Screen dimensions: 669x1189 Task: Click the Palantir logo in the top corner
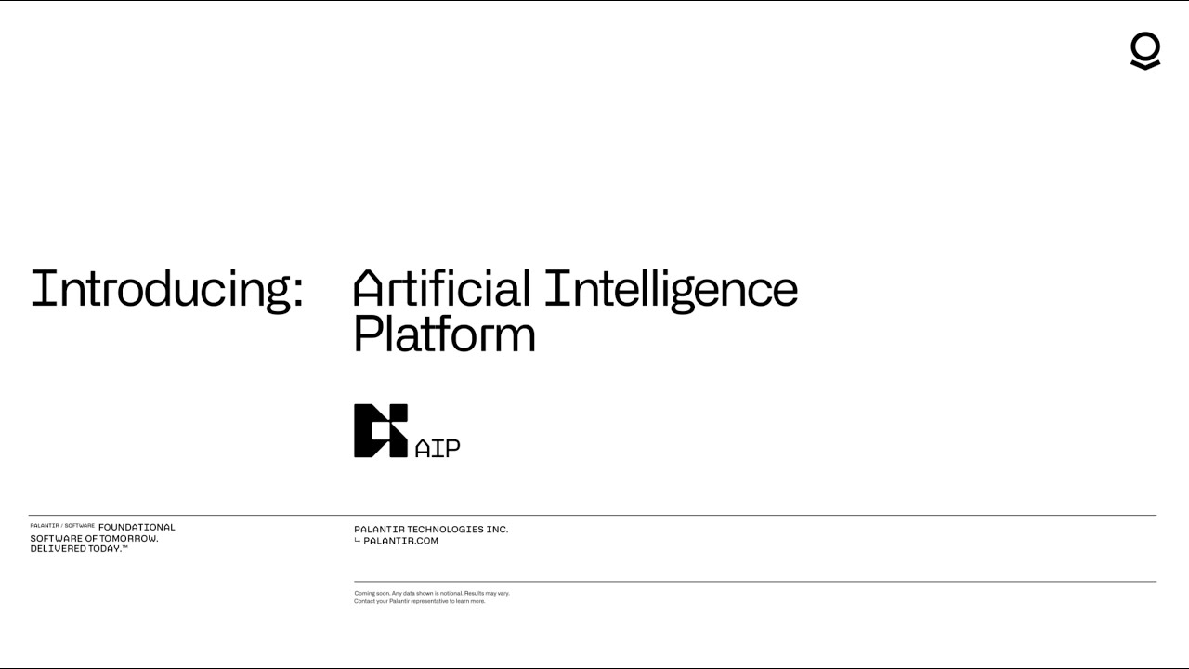1145,50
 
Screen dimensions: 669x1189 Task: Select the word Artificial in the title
441,289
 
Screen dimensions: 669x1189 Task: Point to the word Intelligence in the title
671,289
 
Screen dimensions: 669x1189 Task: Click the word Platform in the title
444,334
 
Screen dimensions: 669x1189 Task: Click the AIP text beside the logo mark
438,448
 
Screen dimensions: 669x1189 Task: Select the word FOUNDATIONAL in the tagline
137,527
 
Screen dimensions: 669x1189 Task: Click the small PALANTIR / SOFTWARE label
61,526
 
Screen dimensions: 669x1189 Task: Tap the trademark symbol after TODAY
124,547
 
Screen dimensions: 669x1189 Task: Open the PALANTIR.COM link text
400,541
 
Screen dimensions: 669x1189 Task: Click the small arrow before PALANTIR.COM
357,541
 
